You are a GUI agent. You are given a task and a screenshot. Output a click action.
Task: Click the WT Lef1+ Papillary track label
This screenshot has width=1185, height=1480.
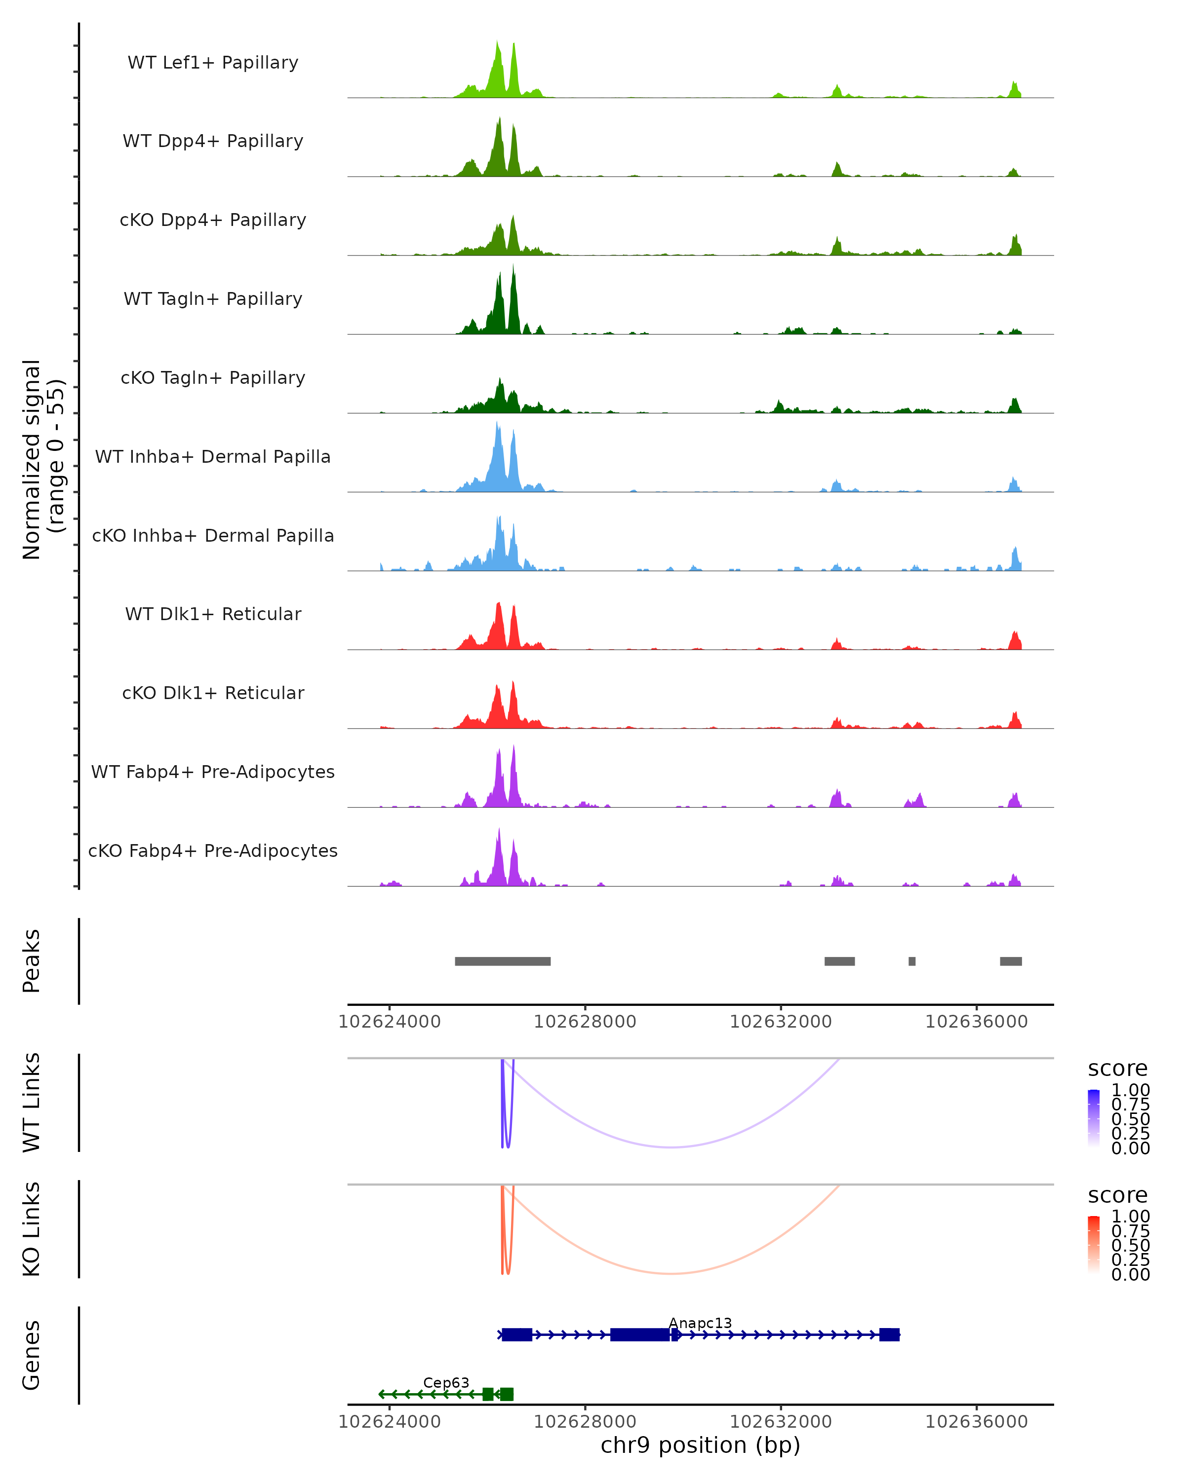coord(213,63)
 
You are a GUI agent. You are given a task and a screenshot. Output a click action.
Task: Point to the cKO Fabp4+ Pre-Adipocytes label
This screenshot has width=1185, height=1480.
coord(213,851)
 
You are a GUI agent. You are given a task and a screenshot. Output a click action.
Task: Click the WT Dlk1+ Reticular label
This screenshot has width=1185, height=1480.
coord(213,614)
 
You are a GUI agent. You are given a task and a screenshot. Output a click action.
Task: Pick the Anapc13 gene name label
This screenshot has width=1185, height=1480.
coord(700,1323)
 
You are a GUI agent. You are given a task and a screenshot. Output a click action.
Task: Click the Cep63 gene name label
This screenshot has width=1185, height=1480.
coord(446,1382)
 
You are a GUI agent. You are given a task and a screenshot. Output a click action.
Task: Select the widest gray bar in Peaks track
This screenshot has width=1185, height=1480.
coord(502,961)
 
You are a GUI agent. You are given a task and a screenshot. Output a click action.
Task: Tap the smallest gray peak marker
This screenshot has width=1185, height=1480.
coord(911,961)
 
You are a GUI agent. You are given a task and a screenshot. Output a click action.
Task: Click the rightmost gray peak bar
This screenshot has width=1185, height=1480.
coord(1011,961)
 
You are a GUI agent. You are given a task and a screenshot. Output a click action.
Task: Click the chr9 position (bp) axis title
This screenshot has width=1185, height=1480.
coord(700,1445)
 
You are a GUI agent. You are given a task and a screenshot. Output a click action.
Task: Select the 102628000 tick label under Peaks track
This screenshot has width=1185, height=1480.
coord(585,1022)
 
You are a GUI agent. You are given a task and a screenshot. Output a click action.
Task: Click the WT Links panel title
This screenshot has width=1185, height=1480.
coord(32,1103)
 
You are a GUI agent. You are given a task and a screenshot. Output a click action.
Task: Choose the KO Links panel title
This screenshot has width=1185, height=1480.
coord(32,1229)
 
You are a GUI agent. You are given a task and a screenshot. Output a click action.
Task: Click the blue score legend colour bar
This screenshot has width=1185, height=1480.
coord(1094,1118)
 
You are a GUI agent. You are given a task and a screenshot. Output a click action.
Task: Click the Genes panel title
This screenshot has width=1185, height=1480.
coord(32,1355)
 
